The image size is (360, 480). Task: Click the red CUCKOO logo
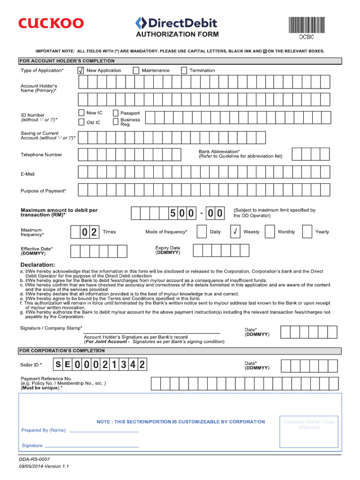click(x=51, y=23)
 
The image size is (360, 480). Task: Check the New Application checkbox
click(x=80, y=70)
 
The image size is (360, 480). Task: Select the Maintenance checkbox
click(x=136, y=70)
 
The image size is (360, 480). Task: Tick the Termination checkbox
click(x=184, y=70)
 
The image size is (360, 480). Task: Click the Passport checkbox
click(x=115, y=113)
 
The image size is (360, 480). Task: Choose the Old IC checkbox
click(x=81, y=122)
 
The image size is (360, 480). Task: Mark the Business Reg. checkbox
click(x=115, y=122)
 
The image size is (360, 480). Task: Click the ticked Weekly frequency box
click(x=236, y=232)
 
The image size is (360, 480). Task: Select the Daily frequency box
click(x=202, y=232)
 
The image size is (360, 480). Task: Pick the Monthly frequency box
click(x=270, y=232)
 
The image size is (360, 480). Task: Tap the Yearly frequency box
click(x=307, y=232)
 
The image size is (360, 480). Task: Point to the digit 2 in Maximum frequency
click(x=94, y=232)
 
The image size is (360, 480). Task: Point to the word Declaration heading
click(x=37, y=265)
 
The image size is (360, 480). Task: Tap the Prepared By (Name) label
click(x=44, y=430)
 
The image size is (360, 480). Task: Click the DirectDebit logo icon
click(x=140, y=22)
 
